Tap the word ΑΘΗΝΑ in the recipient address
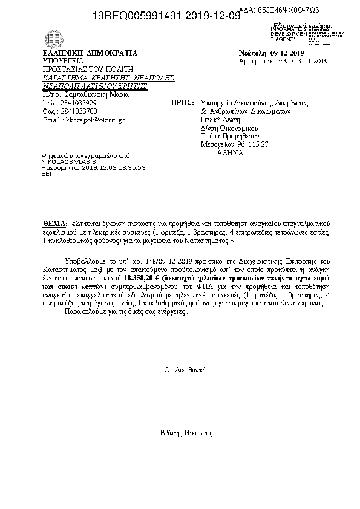point(230,154)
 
